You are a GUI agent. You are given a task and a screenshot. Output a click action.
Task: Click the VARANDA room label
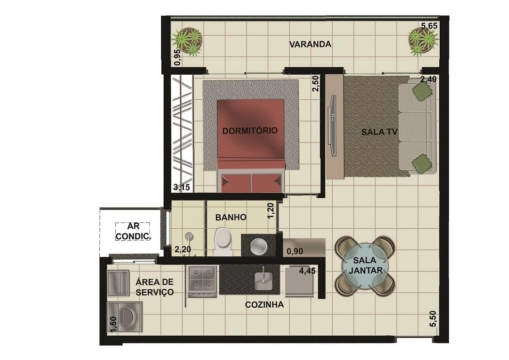(310, 44)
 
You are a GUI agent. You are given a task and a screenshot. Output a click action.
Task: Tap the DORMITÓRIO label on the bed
(250, 131)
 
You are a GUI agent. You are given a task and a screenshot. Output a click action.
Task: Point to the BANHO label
(231, 217)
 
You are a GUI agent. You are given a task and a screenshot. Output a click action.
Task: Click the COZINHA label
(264, 305)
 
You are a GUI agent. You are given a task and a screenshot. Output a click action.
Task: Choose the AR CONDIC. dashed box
(133, 231)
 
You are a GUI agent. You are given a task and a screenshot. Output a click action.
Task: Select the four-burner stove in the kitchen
(202, 282)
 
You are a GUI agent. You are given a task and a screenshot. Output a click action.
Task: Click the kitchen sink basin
(262, 280)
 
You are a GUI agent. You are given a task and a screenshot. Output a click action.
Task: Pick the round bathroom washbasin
(259, 246)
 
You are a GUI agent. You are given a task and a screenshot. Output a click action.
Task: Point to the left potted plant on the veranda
(187, 41)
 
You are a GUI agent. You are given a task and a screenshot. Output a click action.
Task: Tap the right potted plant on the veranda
(423, 41)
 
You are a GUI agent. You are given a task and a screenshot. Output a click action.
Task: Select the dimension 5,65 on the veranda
(429, 26)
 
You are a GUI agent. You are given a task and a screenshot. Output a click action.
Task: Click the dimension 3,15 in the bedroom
(182, 187)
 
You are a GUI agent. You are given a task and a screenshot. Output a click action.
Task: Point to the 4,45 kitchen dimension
(307, 270)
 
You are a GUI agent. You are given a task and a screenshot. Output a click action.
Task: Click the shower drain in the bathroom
(188, 236)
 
